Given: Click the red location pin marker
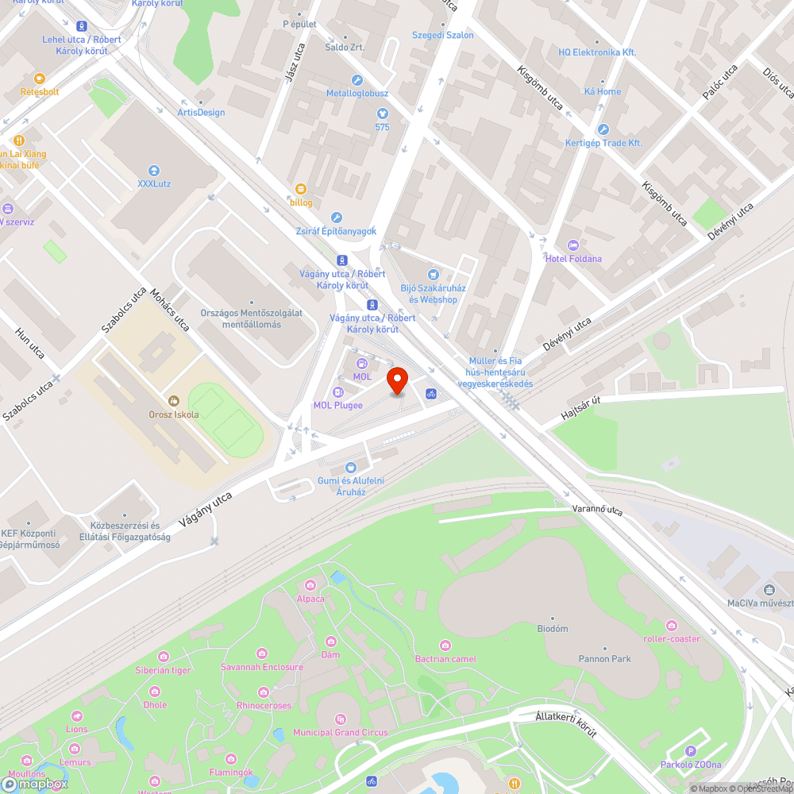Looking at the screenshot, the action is pos(397,380).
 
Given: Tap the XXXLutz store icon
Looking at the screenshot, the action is pos(154,171).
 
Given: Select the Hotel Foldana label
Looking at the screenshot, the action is pos(573,259).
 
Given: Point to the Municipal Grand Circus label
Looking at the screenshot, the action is pos(341,732).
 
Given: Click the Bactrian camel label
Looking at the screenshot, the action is pos(445,659).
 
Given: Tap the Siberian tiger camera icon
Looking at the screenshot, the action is pos(164,657).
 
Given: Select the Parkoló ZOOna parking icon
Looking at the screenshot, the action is pos(690,751).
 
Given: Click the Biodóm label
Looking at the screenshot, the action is pos(553,629).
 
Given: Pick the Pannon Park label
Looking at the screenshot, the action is pos(605,659).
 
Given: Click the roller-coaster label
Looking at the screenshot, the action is pos(672,638).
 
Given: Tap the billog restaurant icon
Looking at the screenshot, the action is pos(301,189).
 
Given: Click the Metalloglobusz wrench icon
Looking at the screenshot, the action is pos(357,80).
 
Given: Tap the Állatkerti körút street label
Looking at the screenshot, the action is pos(566,724).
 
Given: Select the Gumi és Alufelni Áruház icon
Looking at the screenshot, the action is pos(351,468).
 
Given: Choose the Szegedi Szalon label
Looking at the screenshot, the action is pos(442,35).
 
